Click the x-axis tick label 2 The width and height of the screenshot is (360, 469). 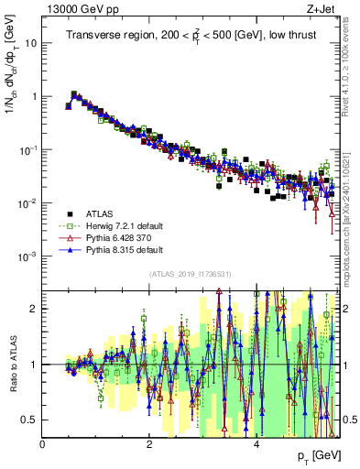[149, 444]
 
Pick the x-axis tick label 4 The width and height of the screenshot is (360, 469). [256, 444]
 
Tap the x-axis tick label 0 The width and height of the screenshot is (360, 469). [43, 444]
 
